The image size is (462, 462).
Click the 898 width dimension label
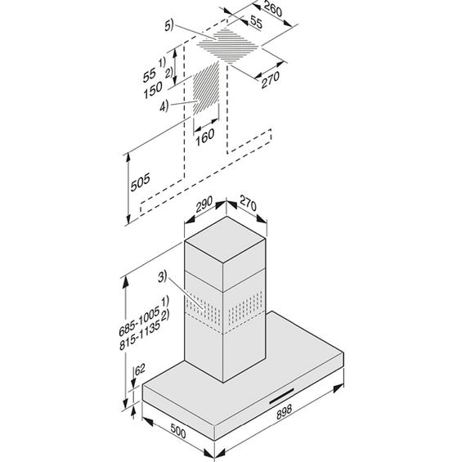pos(285,411)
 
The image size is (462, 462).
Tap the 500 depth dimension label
pos(177,431)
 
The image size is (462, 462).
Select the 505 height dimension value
pos(141,182)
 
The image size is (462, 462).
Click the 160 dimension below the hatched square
pos(205,137)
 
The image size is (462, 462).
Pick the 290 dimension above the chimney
pos(204,204)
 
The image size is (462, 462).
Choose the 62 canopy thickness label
pos(140,370)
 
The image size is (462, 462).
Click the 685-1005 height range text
pos(139,321)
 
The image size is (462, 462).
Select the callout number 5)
pos(169,25)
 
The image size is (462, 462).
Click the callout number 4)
pos(164,105)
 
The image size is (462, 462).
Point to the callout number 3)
pos(163,276)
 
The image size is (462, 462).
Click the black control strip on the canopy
pos(281,396)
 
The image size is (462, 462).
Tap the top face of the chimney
pos(225,239)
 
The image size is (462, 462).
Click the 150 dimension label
pos(153,90)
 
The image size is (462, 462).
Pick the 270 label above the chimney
pos(248,203)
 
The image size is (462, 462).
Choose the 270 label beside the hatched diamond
pos(270,79)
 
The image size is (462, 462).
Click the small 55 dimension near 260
pos(256,22)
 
